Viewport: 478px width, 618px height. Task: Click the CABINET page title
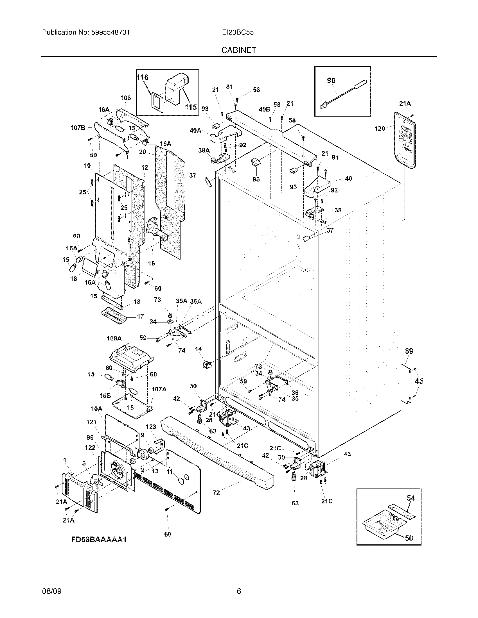[x=239, y=50]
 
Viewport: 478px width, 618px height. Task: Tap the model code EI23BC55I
[x=239, y=33]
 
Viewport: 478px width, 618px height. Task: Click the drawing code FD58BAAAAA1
[x=98, y=539]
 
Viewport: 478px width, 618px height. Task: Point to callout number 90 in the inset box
[x=331, y=81]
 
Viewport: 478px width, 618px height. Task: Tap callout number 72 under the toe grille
[x=216, y=493]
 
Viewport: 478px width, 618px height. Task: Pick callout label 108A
[x=114, y=338]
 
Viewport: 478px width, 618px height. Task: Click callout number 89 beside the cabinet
[x=409, y=351]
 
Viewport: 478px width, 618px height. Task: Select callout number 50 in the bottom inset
[x=409, y=538]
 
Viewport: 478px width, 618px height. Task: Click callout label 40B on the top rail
[x=264, y=109]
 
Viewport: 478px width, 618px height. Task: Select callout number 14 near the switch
[x=198, y=349]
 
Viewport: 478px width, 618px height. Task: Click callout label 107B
[x=78, y=128]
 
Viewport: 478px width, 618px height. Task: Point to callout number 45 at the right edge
[x=419, y=381]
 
